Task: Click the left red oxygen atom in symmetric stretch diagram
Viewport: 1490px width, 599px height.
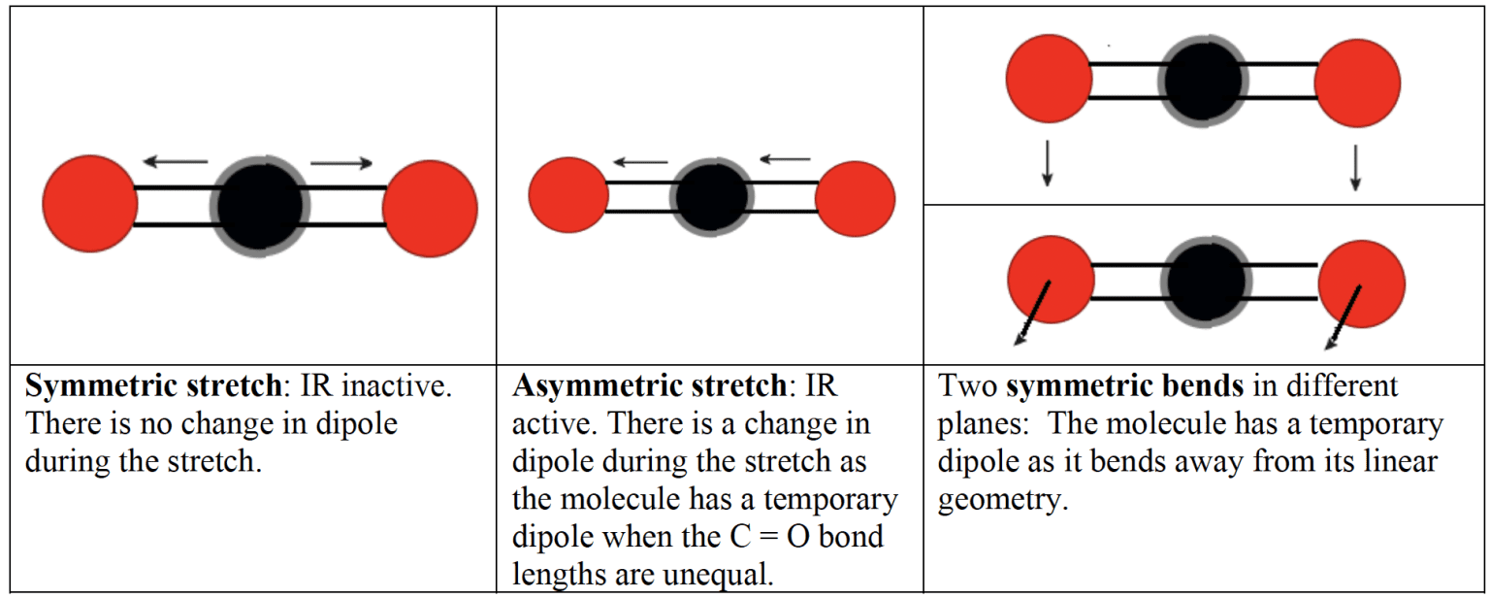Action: click(90, 204)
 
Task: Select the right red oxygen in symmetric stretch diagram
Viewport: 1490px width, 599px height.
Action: click(430, 209)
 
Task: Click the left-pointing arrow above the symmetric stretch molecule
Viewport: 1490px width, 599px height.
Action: click(175, 161)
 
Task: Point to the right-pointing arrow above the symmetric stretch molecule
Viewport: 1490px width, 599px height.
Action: click(342, 162)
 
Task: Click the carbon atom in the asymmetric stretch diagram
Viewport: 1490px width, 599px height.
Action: click(712, 197)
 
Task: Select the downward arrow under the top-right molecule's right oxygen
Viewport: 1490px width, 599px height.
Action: click(1355, 167)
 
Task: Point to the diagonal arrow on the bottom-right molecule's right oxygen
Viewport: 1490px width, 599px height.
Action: click(1344, 316)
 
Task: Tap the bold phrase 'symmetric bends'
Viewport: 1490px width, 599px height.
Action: click(1125, 386)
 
